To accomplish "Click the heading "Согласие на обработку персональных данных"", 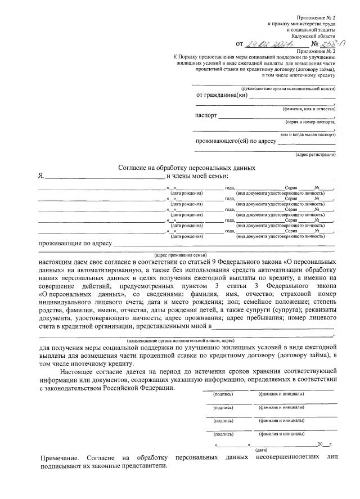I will point(187,168).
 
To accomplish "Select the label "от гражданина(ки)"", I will point(222,95).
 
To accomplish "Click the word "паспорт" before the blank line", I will point(206,116).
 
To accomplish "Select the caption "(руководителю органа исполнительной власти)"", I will point(288,89).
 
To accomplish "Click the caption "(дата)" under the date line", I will point(261,450).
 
